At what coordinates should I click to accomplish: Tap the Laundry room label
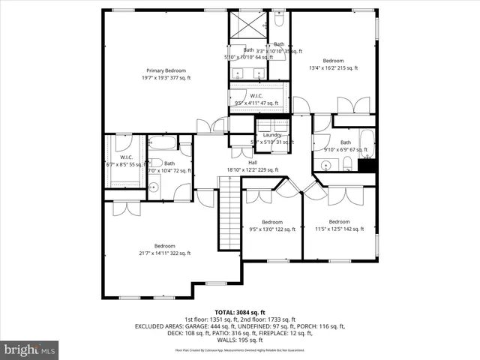click(x=272, y=135)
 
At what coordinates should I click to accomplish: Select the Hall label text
click(x=253, y=163)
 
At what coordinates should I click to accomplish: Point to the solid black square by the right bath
click(x=366, y=166)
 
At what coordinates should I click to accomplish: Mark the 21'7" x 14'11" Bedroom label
click(x=165, y=250)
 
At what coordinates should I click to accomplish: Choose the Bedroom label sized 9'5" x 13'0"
click(x=272, y=225)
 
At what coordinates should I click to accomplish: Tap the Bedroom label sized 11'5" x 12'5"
click(x=339, y=225)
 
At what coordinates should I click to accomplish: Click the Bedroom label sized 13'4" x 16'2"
click(x=334, y=64)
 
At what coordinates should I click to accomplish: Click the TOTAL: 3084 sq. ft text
click(x=240, y=312)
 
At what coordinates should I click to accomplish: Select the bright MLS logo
click(x=30, y=349)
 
